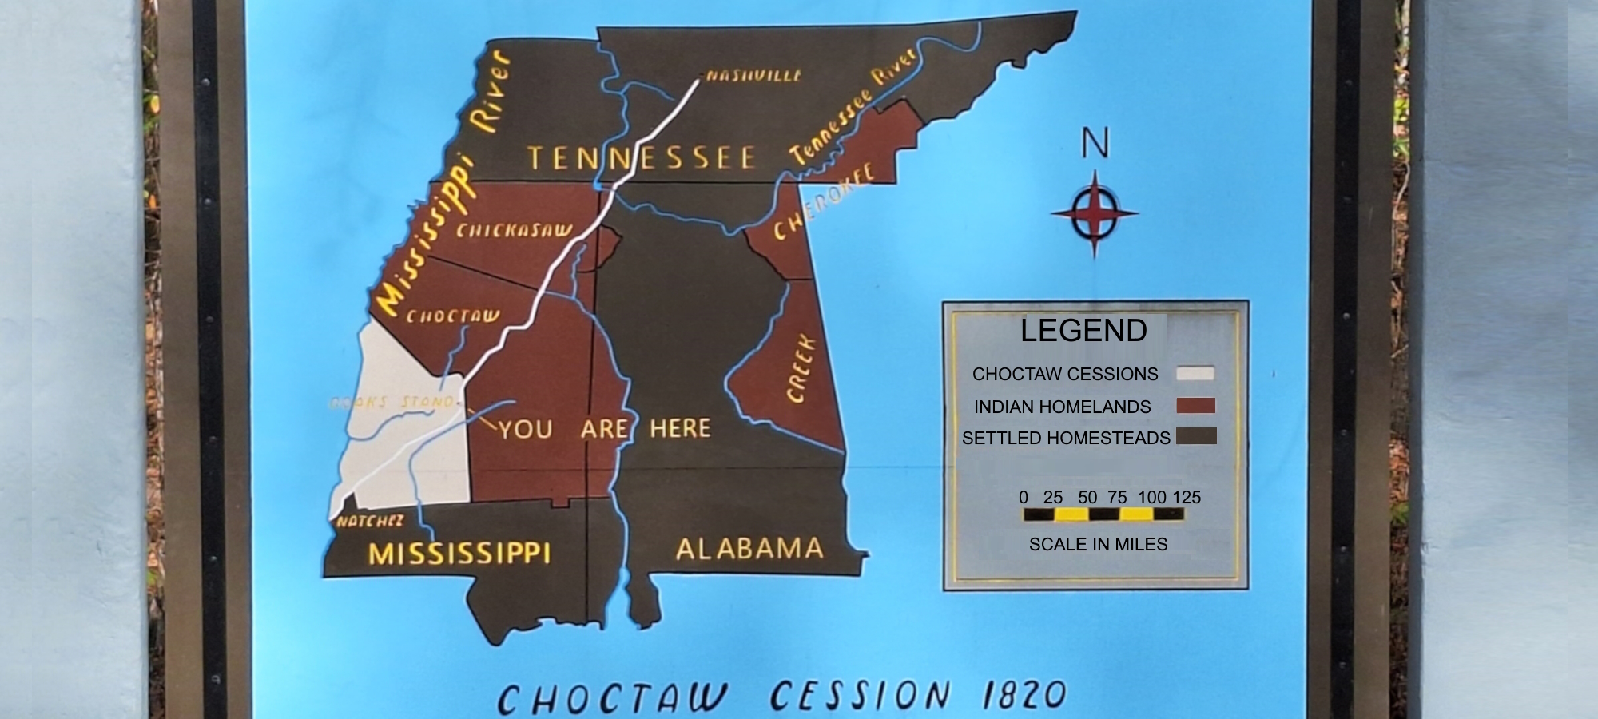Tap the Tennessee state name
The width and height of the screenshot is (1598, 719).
pyautogui.click(x=641, y=157)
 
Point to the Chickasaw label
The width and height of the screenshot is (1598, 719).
pyautogui.click(x=514, y=231)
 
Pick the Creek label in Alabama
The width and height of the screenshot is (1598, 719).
pyautogui.click(x=801, y=368)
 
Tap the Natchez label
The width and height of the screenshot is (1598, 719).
pyautogui.click(x=369, y=522)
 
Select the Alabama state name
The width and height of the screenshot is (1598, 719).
pyautogui.click(x=749, y=549)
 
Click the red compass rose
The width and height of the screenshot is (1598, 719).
pyautogui.click(x=1094, y=213)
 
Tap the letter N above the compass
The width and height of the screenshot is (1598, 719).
pyautogui.click(x=1095, y=144)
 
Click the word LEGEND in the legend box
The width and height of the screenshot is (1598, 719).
pyautogui.click(x=1083, y=331)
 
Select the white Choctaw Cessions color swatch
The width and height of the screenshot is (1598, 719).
pyautogui.click(x=1195, y=373)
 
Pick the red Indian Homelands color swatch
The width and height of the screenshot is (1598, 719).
pyautogui.click(x=1195, y=406)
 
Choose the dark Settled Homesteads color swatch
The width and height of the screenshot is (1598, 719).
pyautogui.click(x=1196, y=436)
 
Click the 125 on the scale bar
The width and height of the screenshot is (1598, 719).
pyautogui.click(x=1187, y=497)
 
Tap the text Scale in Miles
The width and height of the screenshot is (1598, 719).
pyautogui.click(x=1098, y=544)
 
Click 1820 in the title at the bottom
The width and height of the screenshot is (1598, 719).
pyautogui.click(x=1024, y=695)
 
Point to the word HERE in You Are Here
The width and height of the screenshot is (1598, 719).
pyautogui.click(x=680, y=428)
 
